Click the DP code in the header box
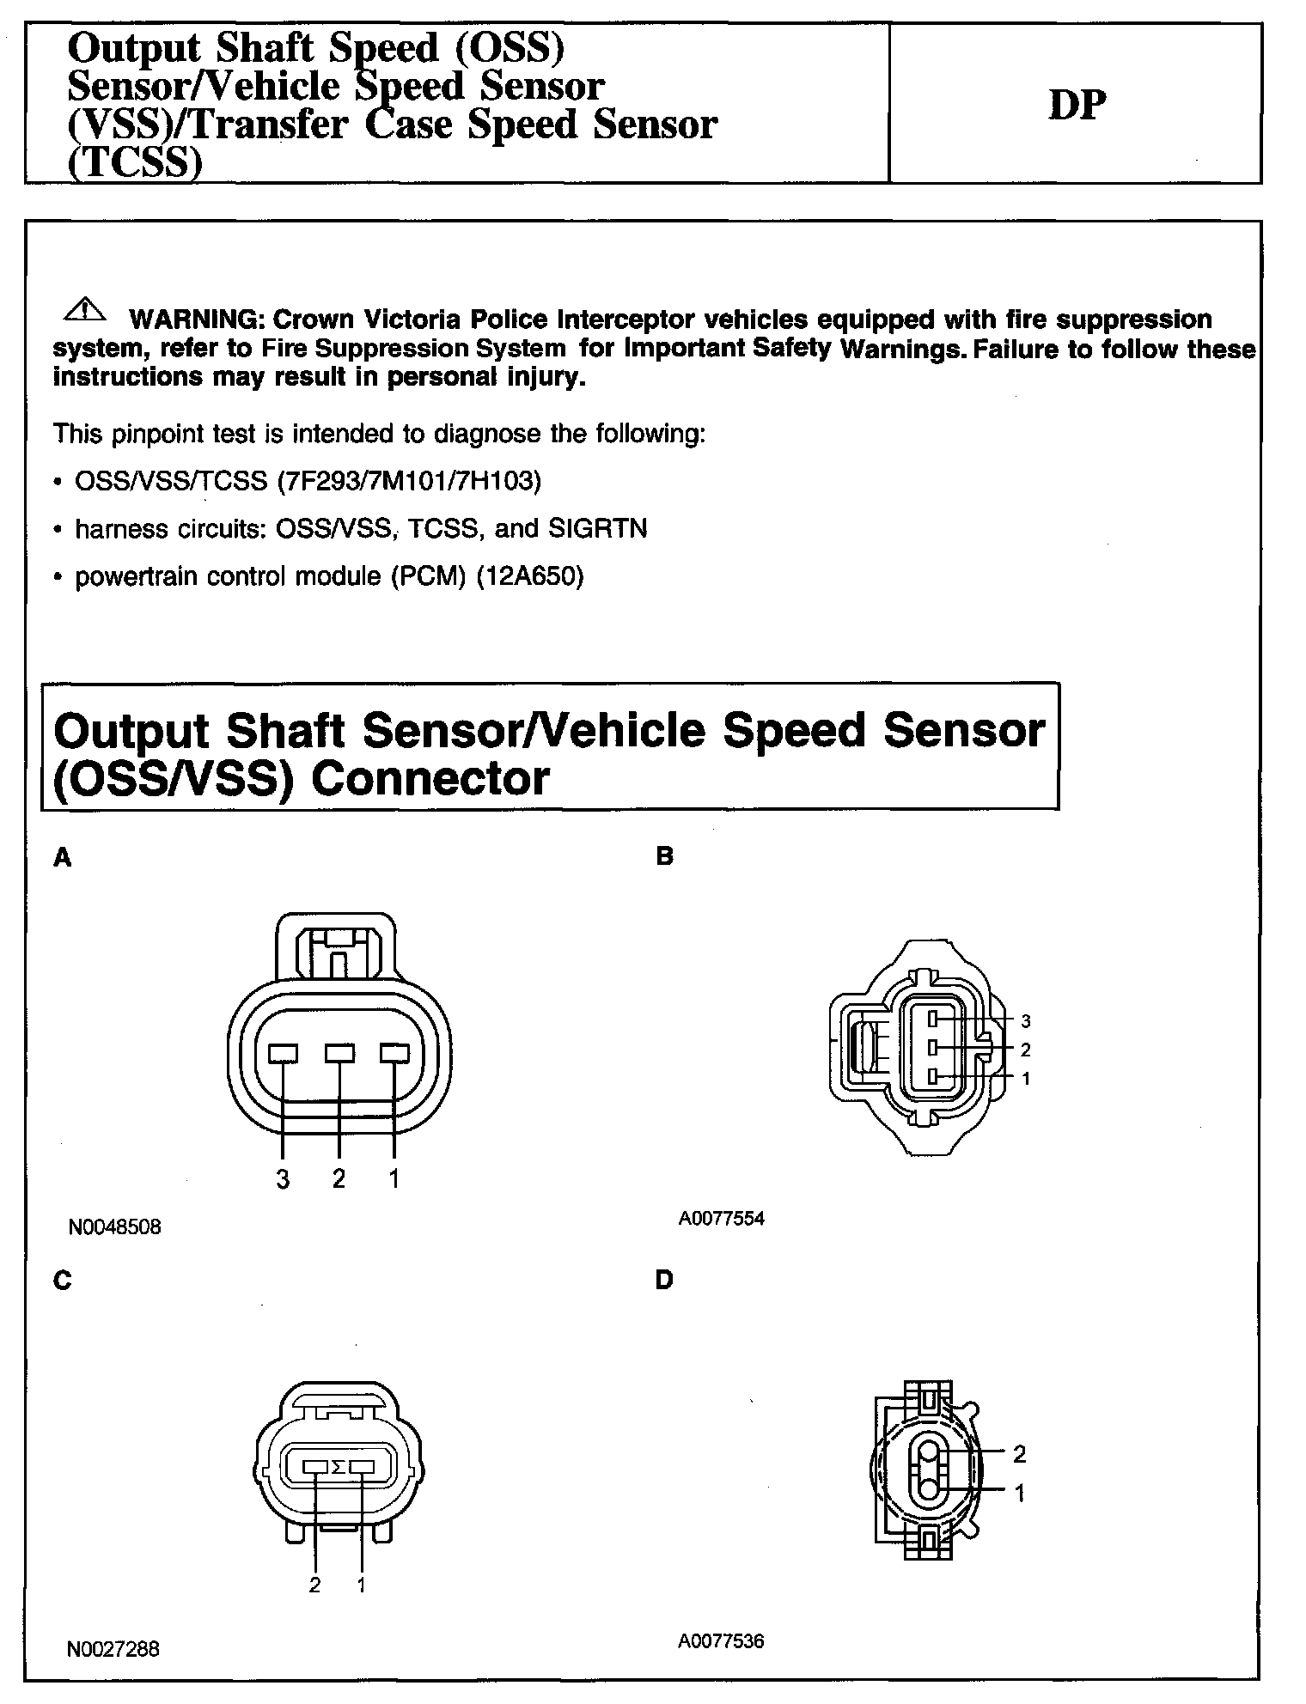tap(1077, 106)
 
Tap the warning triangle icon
tap(84, 310)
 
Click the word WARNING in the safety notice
tap(193, 319)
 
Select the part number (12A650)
tap(530, 576)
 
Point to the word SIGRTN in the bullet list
tap(597, 528)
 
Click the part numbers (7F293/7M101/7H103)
tap(409, 481)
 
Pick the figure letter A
tap(62, 857)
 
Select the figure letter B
tap(664, 856)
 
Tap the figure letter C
tap(62, 1281)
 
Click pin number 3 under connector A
tap(283, 1179)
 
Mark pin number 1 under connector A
tap(394, 1179)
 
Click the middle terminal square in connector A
tap(339, 1053)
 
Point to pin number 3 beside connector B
tap(1026, 1021)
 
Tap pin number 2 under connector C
tap(315, 1585)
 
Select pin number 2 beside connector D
tap(1020, 1454)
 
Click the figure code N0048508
tap(114, 1227)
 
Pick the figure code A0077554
tap(721, 1219)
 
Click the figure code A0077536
tap(721, 1641)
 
